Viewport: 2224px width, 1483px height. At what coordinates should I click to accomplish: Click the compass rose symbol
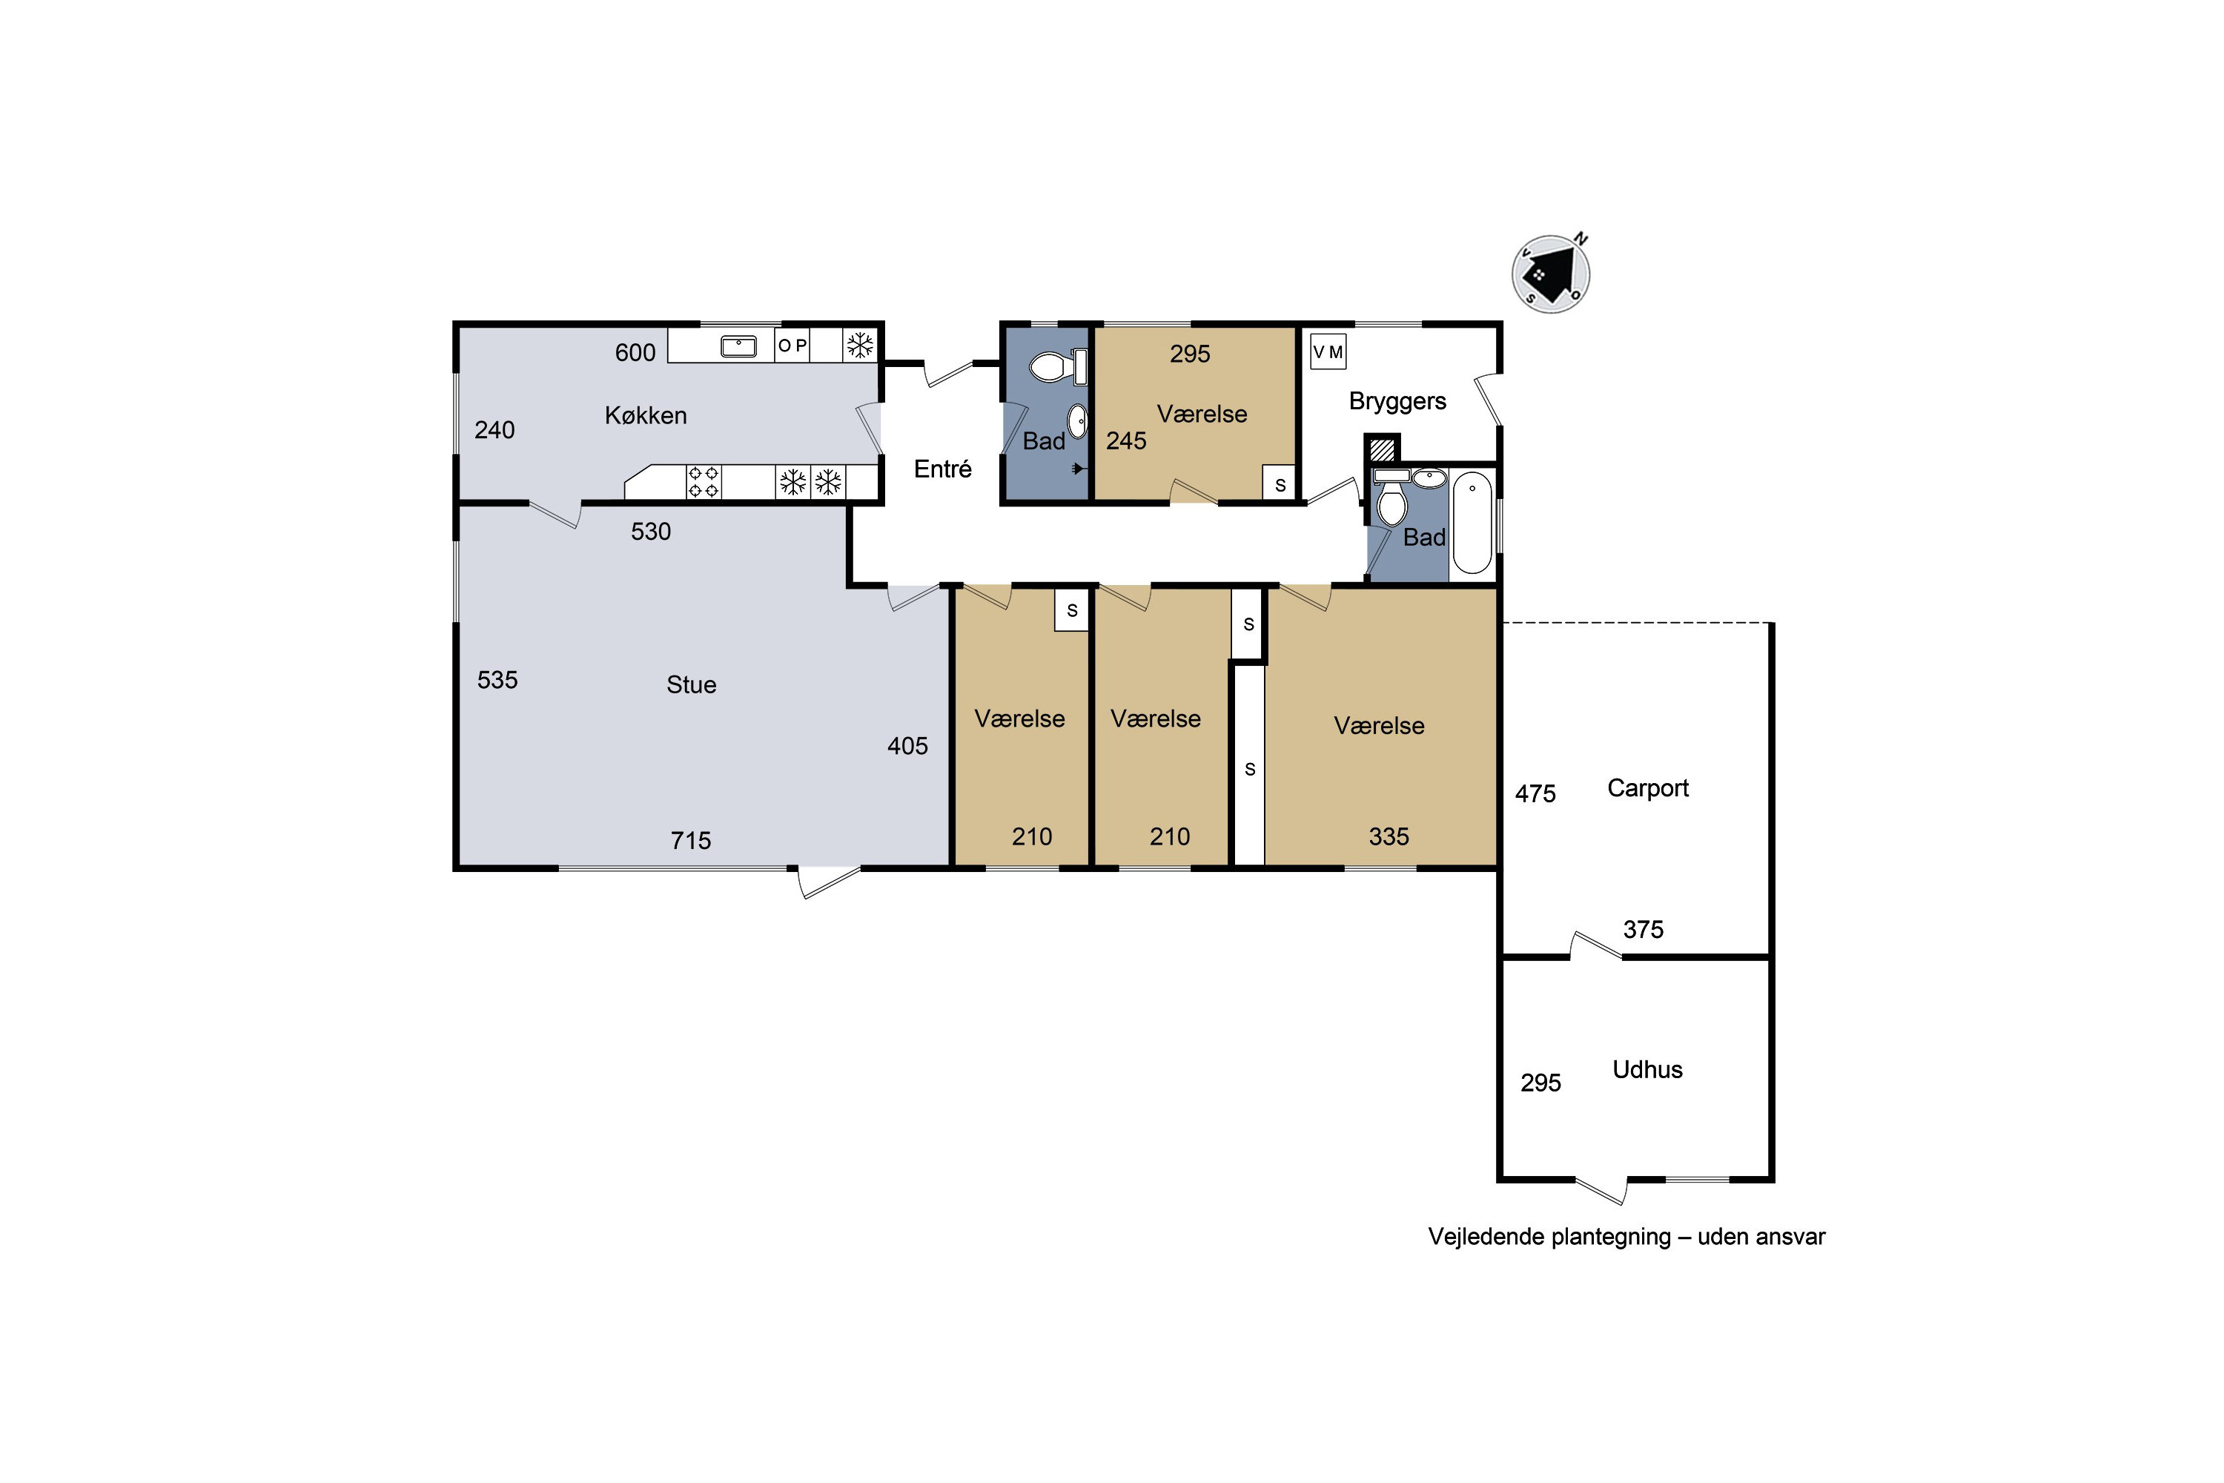pos(1551,274)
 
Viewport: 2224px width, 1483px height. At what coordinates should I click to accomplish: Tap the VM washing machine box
pos(1328,351)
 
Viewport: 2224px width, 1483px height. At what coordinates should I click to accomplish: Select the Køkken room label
pos(646,415)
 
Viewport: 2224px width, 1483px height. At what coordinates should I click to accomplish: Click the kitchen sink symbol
pos(738,346)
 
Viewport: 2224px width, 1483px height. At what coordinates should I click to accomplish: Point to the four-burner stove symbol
pos(704,481)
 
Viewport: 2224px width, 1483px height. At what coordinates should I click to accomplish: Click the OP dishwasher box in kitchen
pos(792,346)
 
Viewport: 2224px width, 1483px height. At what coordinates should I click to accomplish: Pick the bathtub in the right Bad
pos(1472,523)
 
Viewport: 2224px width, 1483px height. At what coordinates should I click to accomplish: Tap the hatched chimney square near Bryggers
pos(1383,449)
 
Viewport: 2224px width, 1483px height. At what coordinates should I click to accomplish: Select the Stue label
pos(691,684)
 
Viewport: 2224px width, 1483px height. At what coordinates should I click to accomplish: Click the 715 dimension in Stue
pos(691,841)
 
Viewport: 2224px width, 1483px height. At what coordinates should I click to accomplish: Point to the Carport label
pos(1648,787)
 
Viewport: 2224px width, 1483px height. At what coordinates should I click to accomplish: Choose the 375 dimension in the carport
pos(1644,930)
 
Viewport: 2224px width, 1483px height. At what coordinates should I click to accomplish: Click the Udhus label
pos(1647,1070)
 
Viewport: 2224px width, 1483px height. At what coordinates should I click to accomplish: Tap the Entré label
pos(943,469)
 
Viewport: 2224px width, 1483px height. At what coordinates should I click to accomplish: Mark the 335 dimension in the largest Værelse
pos(1389,836)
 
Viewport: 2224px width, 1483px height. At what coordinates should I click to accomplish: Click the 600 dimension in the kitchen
pos(635,353)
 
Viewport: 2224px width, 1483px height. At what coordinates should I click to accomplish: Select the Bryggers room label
pos(1397,401)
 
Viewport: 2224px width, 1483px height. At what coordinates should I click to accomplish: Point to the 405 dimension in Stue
pos(907,746)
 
